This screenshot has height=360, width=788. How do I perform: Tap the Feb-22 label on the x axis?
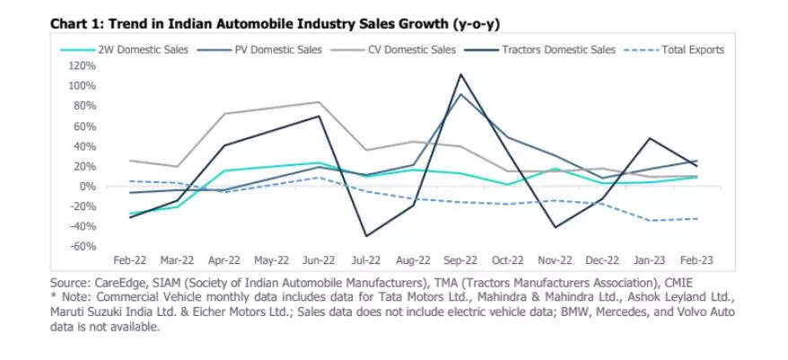click(x=131, y=260)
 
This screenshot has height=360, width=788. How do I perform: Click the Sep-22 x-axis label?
click(x=460, y=260)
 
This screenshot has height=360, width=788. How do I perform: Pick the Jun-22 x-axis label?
click(x=320, y=260)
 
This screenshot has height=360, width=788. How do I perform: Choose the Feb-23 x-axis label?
click(x=697, y=260)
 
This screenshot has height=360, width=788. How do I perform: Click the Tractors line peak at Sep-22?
click(x=460, y=75)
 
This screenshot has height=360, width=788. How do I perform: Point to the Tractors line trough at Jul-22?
click(x=366, y=236)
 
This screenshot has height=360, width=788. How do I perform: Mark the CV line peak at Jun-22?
click(x=320, y=102)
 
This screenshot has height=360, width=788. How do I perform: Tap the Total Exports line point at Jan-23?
click(x=650, y=221)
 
